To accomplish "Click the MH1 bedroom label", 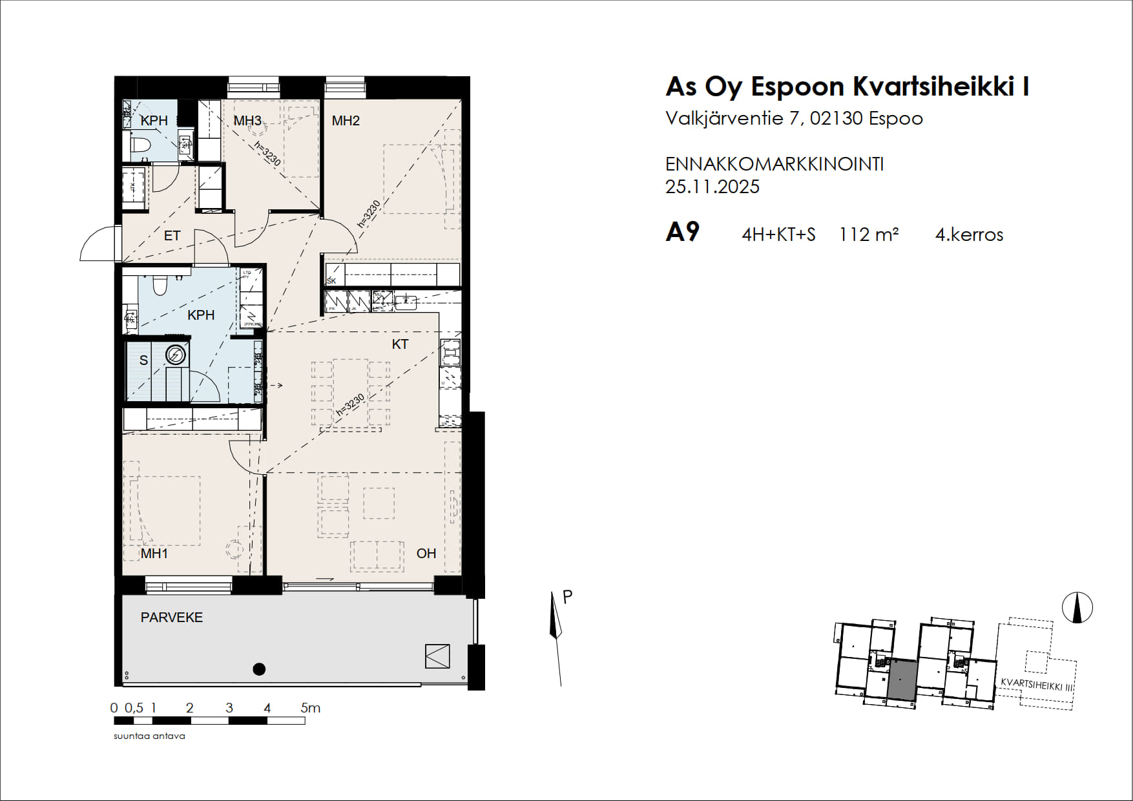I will (x=154, y=554).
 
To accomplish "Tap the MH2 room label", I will (x=346, y=121).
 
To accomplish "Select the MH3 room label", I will (x=247, y=121).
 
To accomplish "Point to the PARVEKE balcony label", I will (x=172, y=618).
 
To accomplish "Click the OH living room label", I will (x=426, y=554).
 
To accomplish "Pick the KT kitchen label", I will (x=400, y=344).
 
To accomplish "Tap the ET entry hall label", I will (x=172, y=236).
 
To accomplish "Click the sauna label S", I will (x=143, y=360).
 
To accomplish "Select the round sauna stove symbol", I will (x=176, y=355).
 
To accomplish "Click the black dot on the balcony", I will (x=259, y=669).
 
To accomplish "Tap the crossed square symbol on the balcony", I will (x=437, y=656).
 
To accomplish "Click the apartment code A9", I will (x=682, y=233).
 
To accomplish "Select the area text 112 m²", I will (x=868, y=234).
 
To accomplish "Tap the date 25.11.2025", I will (x=712, y=187).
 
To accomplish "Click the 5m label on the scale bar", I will (x=311, y=708).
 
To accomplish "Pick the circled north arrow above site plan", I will (x=1077, y=608).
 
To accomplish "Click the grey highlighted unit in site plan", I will (x=901, y=681).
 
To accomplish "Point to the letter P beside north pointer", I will (x=568, y=597).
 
